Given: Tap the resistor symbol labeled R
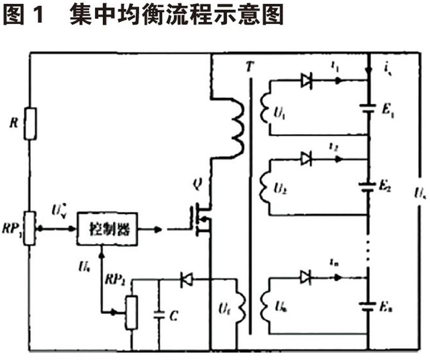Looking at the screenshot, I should click(x=30, y=124).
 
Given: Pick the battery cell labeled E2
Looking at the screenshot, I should click(x=368, y=187).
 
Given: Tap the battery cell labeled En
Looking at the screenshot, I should click(x=368, y=307).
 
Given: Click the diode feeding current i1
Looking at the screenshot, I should click(x=307, y=81).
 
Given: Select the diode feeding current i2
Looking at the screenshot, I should click(x=307, y=159).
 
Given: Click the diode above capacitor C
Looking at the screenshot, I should click(x=188, y=280).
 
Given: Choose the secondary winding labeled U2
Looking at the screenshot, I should click(x=263, y=186).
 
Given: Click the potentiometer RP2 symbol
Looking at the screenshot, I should click(x=131, y=312).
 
